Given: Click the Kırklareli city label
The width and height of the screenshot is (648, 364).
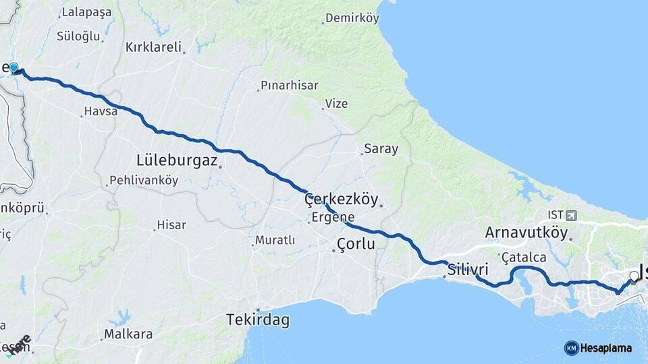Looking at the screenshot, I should pyautogui.click(x=154, y=47).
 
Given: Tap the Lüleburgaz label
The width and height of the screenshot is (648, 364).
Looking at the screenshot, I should pyautogui.click(x=177, y=160).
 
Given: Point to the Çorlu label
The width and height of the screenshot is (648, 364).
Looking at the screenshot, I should pyautogui.click(x=355, y=244).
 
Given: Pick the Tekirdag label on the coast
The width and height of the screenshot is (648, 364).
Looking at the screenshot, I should pyautogui.click(x=258, y=320).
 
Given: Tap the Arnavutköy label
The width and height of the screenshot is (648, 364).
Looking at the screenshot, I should pyautogui.click(x=526, y=233).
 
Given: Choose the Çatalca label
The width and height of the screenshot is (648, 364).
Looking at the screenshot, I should pyautogui.click(x=524, y=257).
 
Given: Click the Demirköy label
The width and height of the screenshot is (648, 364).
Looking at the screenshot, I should pyautogui.click(x=352, y=18).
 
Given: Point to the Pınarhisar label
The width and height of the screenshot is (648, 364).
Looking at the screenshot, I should pyautogui.click(x=289, y=86).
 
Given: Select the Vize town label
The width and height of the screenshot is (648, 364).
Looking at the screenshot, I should pyautogui.click(x=336, y=104).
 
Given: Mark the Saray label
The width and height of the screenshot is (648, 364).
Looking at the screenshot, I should pyautogui.click(x=381, y=149).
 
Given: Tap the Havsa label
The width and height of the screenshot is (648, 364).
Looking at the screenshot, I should pyautogui.click(x=101, y=111).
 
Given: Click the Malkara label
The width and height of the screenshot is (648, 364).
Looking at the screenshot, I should pyautogui.click(x=128, y=334).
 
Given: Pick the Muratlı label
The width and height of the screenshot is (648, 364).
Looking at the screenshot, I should pyautogui.click(x=275, y=240).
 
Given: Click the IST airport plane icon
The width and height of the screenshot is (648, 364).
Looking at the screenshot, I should pyautogui.click(x=573, y=215).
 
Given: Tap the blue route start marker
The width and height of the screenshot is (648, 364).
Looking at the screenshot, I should pyautogui.click(x=14, y=67).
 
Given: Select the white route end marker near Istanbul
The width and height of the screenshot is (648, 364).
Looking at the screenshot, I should pyautogui.click(x=634, y=276).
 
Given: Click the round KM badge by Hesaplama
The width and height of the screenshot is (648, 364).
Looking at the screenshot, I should pyautogui.click(x=571, y=348).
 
